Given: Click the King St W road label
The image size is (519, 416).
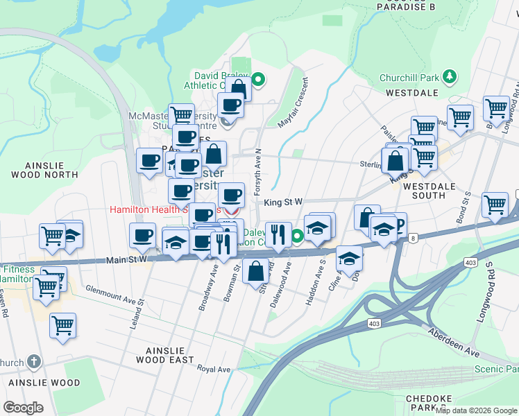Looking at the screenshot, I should point(284,202).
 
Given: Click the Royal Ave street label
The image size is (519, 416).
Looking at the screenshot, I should point(214,369).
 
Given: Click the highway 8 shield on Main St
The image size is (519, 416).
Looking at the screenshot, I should point(413,238).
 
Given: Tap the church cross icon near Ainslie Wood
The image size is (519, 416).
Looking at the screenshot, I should point(35,362).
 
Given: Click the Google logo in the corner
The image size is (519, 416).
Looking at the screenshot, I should point(23,408).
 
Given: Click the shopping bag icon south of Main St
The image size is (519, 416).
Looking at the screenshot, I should point(256,270).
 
